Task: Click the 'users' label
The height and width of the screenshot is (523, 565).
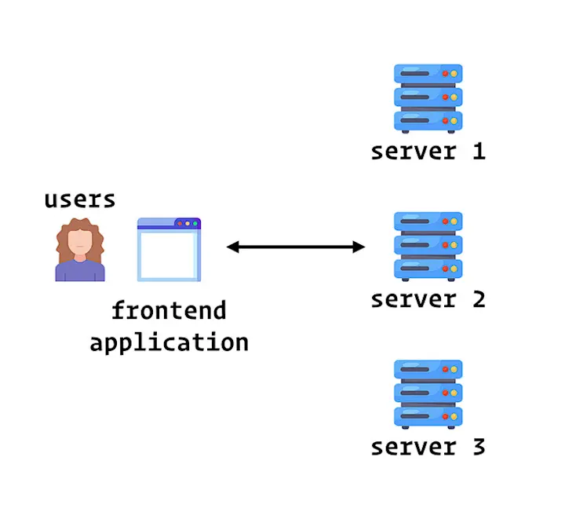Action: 79,199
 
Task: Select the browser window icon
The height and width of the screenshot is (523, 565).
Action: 169,249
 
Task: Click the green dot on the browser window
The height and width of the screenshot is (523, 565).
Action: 195,224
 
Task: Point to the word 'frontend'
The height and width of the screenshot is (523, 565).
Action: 169,310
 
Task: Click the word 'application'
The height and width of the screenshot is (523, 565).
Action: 169,342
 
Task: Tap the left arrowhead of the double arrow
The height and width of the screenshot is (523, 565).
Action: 232,247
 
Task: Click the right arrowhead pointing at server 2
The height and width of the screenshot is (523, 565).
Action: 359,247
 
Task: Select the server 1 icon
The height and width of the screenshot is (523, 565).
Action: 428,98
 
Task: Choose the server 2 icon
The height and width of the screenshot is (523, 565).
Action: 428,247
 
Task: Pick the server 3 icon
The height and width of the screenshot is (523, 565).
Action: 428,394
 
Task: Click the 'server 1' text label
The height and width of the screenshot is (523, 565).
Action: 428,152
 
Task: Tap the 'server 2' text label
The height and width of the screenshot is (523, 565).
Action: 428,299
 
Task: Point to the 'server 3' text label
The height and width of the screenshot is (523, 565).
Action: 428,448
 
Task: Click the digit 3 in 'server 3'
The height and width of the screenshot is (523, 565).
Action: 479,447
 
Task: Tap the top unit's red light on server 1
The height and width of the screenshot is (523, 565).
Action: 446,74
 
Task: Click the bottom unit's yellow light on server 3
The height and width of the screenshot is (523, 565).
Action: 454,417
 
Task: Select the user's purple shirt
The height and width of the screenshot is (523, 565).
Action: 80,270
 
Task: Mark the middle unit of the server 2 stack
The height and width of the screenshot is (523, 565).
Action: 428,245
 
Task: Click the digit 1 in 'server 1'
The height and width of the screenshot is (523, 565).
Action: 479,151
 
